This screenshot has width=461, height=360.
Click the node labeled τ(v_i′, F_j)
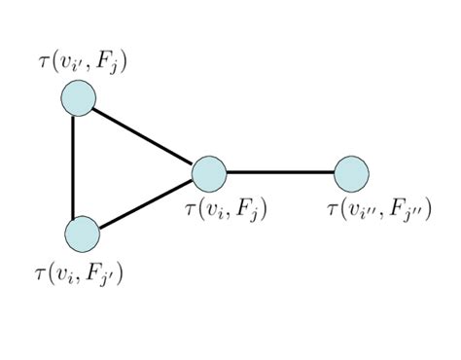[x=78, y=98]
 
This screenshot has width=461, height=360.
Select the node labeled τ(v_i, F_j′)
[x=82, y=234]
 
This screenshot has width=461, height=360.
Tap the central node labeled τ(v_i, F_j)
[x=209, y=173]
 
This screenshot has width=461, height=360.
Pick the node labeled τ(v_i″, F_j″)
[x=351, y=173]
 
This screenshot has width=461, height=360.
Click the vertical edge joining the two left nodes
[x=75, y=165]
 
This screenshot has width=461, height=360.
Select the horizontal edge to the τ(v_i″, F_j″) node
[x=280, y=173]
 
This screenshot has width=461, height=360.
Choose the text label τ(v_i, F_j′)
[x=78, y=271]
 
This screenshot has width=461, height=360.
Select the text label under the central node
[x=226, y=208]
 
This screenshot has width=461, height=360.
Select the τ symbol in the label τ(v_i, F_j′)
[x=39, y=271]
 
